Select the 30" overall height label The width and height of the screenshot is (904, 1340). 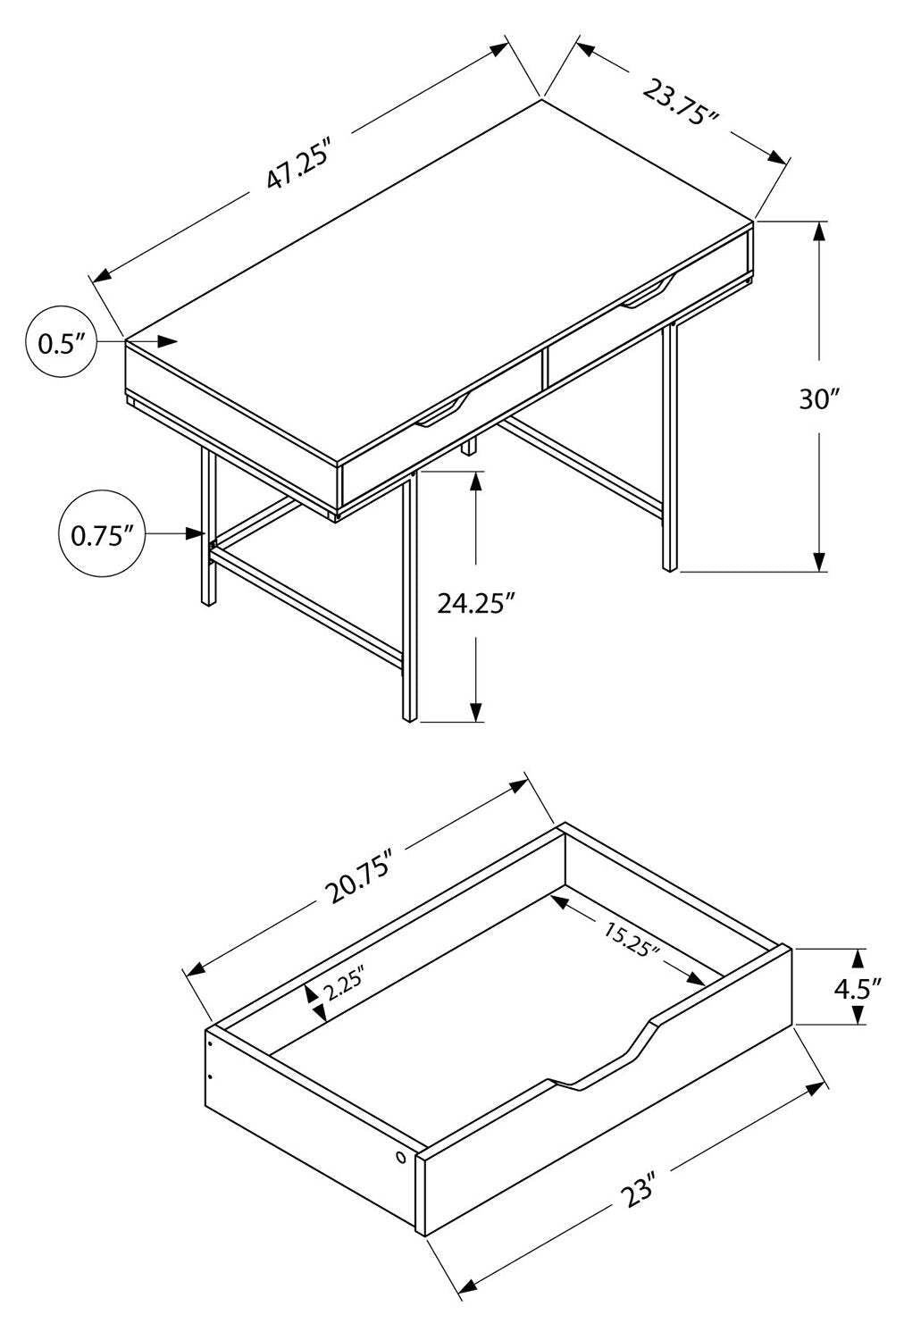coord(820,399)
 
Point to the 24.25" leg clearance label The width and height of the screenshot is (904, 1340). coord(476,604)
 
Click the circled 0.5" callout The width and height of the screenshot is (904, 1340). coord(61,343)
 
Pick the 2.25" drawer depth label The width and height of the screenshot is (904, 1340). coord(344,987)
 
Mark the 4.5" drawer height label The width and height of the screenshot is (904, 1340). coord(857,987)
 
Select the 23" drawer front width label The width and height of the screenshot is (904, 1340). coord(640,1193)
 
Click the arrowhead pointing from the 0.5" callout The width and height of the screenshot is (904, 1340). coord(167,340)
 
